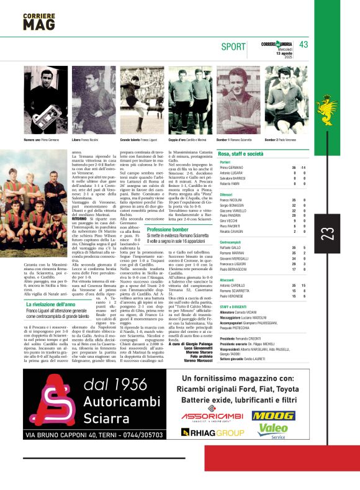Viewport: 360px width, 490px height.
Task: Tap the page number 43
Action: pos(304,45)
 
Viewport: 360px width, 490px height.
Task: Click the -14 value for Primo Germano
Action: pos(303,168)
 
